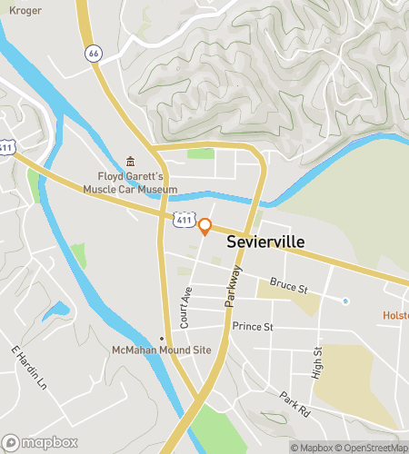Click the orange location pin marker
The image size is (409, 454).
coord(204,227)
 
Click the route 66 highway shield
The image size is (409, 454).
coord(94,54)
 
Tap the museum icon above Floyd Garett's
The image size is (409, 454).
coord(130,161)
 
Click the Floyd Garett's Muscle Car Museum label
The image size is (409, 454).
coord(131,183)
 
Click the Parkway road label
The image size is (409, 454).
coord(234,286)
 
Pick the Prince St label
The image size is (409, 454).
coord(253,326)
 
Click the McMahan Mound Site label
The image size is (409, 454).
coord(148,350)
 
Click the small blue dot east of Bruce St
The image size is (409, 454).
coord(345,301)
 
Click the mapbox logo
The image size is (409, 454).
coord(39,442)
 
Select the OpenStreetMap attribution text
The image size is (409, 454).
coord(373,447)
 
